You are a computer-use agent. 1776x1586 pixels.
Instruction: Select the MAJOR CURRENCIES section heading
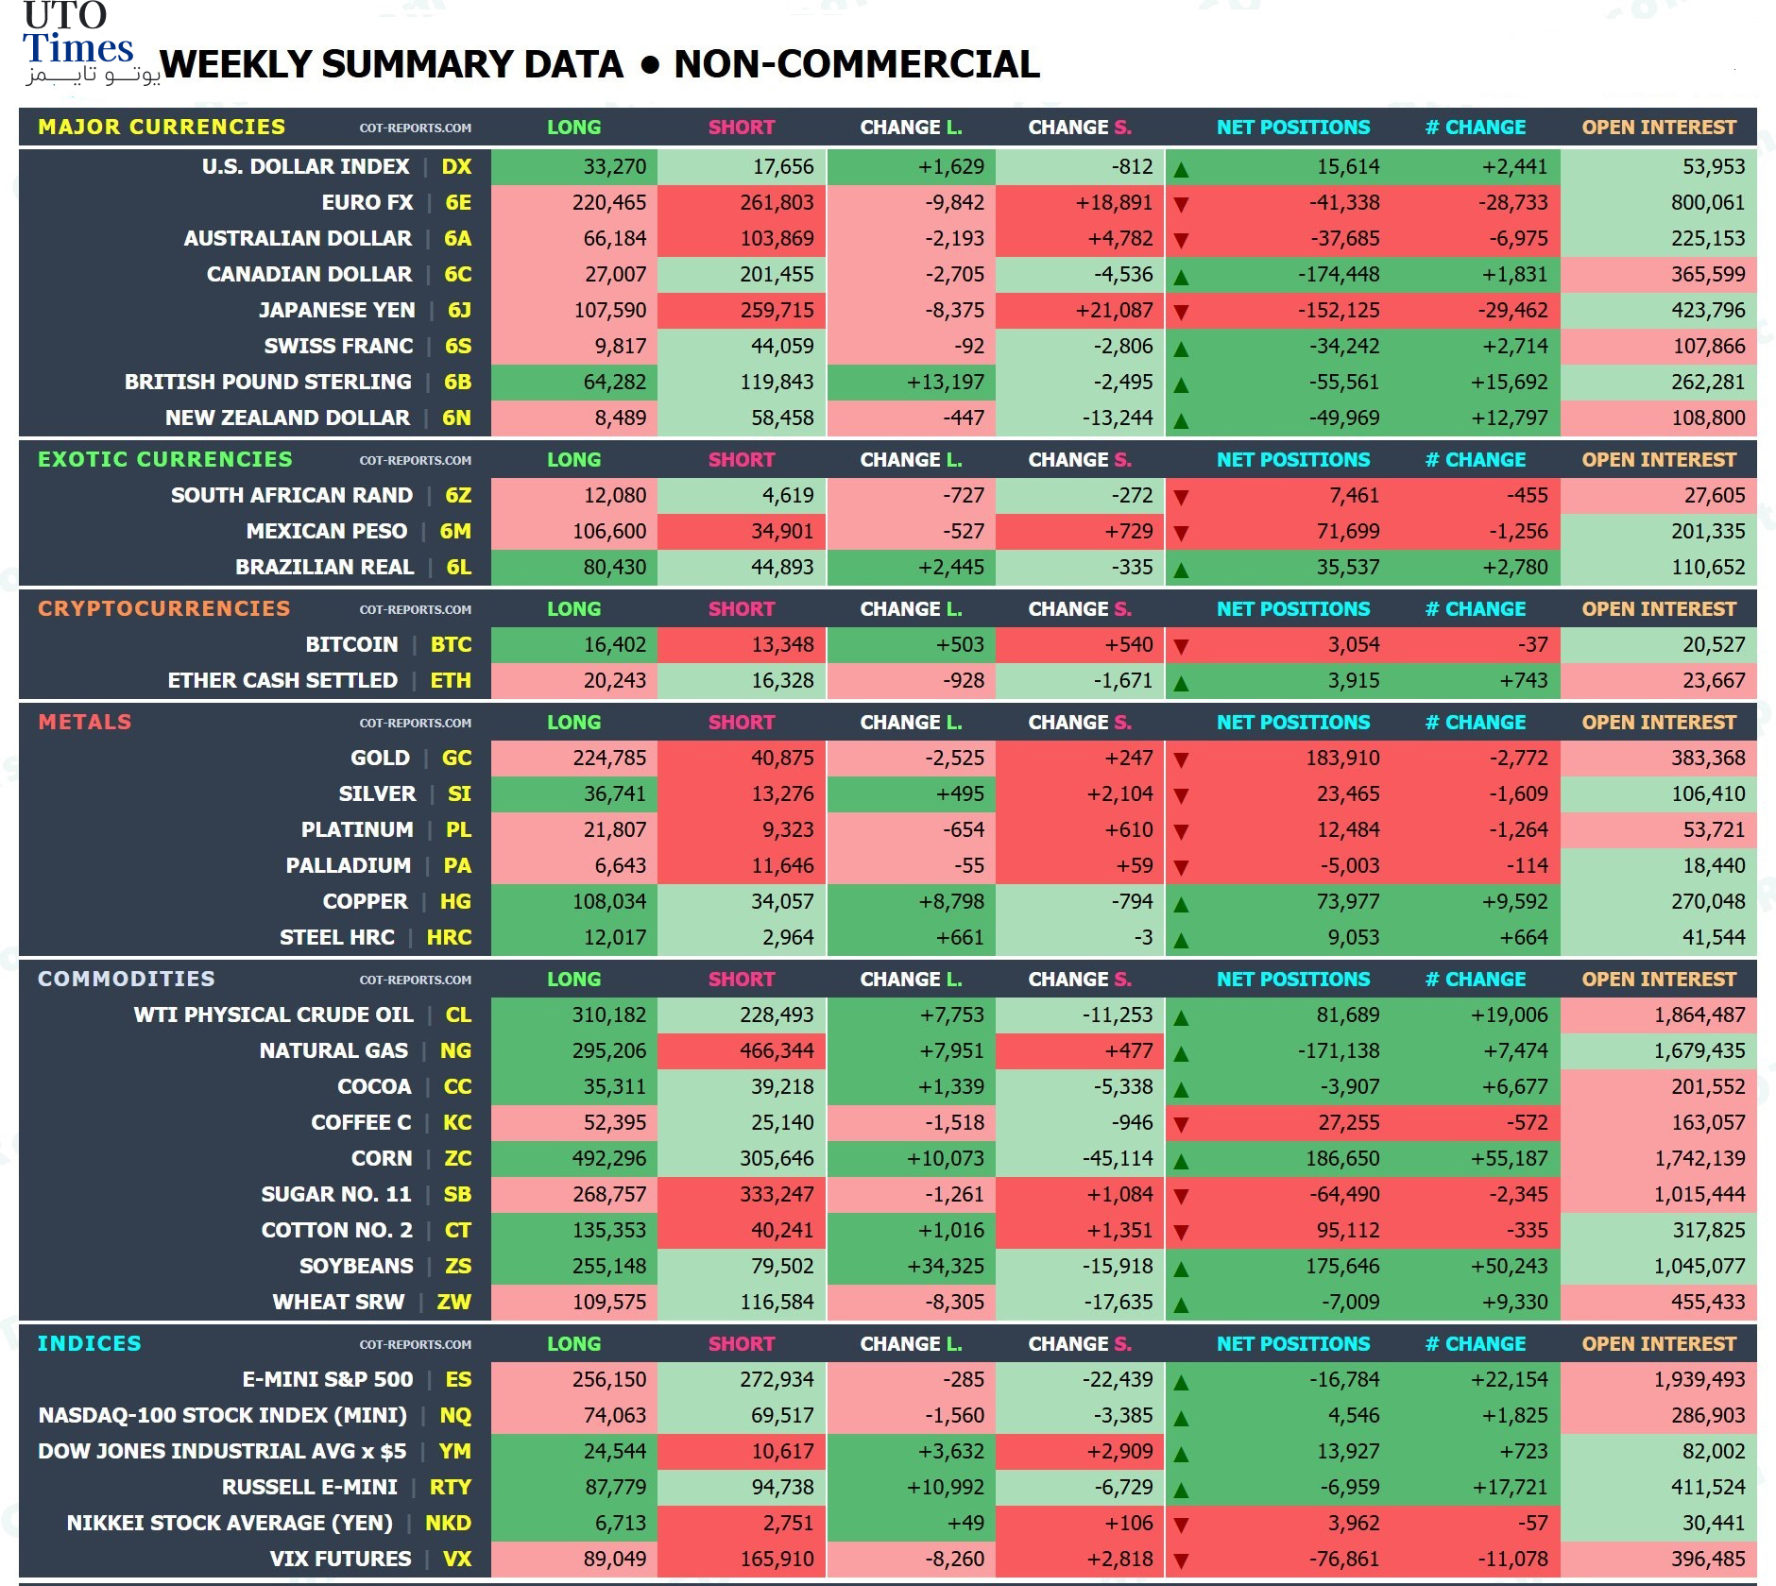click(x=162, y=127)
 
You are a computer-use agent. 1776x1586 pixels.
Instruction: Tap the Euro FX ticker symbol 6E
click(x=458, y=202)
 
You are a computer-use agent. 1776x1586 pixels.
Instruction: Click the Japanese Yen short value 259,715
click(x=777, y=310)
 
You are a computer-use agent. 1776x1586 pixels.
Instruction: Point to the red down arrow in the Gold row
click(x=1181, y=759)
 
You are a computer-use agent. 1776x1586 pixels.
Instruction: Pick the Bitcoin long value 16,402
click(x=615, y=644)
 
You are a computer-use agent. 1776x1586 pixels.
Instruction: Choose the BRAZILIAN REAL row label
click(x=325, y=567)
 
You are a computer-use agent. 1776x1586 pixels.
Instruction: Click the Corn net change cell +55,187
click(x=1510, y=1158)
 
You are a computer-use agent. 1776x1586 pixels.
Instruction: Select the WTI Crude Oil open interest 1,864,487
click(x=1699, y=1015)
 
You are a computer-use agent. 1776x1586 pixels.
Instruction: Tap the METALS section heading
click(x=85, y=722)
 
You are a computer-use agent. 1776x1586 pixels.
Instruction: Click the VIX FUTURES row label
click(x=341, y=1559)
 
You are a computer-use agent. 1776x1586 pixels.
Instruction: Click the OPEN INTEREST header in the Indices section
click(x=1659, y=1343)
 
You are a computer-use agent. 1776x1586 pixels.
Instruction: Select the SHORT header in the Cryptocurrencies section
click(x=742, y=608)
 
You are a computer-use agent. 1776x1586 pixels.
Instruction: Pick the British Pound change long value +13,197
click(x=946, y=382)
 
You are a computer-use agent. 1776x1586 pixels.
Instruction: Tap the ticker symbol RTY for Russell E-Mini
click(x=451, y=1487)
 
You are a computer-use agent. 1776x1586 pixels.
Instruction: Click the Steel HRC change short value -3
click(x=1143, y=937)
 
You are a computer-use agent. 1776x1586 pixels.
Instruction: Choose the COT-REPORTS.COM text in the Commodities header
click(x=416, y=980)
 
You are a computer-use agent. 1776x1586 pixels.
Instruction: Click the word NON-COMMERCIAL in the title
click(x=857, y=64)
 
